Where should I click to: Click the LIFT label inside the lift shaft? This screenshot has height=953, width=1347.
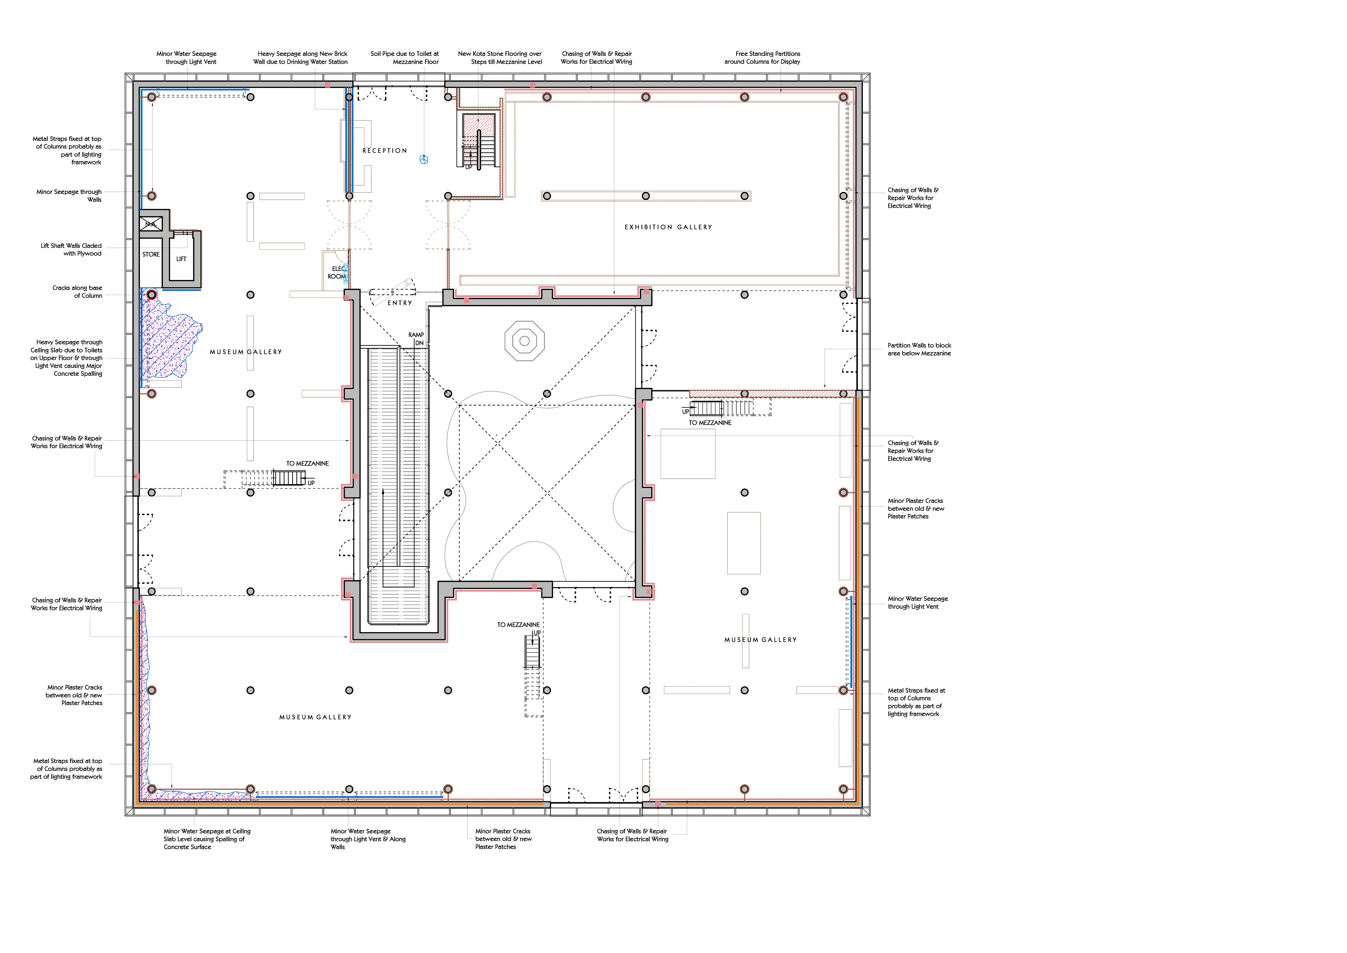(x=181, y=259)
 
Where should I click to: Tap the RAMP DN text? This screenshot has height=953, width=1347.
(x=417, y=339)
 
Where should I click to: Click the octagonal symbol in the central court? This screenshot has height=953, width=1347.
(x=524, y=340)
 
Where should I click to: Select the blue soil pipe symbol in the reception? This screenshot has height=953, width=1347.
(x=424, y=159)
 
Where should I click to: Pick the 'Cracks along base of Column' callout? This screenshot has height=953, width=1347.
(x=77, y=292)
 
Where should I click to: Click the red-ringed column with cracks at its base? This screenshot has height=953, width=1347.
(x=151, y=295)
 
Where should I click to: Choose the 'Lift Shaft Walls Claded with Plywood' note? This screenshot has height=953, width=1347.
(x=71, y=249)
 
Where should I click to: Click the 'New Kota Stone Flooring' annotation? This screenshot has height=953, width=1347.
(x=500, y=57)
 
